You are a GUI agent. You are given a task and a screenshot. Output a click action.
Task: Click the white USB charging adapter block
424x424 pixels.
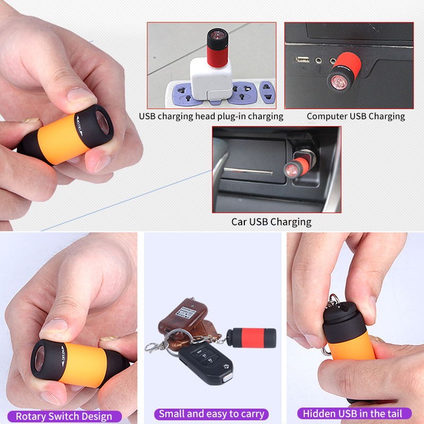point(210,80)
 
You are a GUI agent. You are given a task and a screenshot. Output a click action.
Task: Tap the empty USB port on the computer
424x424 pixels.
point(302,59)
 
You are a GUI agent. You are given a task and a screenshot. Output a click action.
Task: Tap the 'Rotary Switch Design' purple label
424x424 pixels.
point(64,416)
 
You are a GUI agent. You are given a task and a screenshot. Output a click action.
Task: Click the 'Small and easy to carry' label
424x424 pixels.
point(211,414)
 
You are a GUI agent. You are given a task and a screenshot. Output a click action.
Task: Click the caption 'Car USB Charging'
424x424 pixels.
point(271,222)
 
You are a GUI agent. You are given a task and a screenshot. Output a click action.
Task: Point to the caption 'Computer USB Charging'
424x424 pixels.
point(356,116)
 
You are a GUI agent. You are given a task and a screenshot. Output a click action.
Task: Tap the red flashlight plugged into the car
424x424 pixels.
point(296,166)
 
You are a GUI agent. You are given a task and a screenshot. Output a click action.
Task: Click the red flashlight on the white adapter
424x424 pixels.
point(217,48)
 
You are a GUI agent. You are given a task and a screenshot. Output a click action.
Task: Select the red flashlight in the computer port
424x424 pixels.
point(344,72)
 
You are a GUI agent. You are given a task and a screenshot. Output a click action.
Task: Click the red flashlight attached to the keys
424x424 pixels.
point(251,338)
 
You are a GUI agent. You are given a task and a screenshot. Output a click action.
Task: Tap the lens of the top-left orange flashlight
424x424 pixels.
point(103,122)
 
